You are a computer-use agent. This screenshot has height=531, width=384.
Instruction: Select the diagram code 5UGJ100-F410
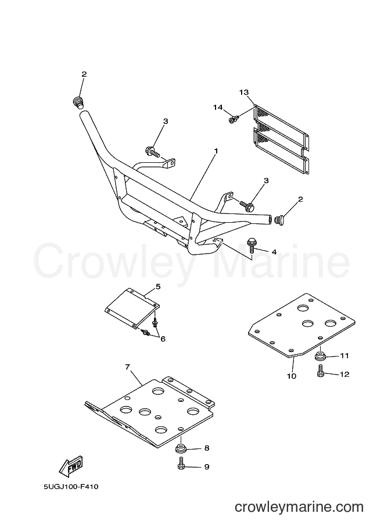71,487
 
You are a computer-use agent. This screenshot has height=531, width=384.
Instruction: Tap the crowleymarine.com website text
299,507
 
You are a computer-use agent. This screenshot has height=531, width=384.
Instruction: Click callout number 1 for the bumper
216,151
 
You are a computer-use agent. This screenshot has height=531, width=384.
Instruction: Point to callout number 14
218,108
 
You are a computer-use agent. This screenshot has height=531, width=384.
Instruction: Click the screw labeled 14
234,119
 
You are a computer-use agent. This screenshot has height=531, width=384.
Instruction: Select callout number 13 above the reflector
244,92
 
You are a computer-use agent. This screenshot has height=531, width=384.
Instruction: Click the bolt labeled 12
321,372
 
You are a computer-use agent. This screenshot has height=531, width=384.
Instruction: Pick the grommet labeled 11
320,357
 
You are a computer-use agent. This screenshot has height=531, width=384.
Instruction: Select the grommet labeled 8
180,449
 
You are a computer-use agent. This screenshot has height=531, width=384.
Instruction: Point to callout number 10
292,376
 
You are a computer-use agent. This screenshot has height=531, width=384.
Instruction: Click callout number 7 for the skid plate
127,367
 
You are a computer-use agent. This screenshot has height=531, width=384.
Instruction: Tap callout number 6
163,338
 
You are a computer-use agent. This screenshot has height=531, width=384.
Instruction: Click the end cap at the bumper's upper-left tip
78,102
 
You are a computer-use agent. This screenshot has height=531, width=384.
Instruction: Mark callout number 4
274,252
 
